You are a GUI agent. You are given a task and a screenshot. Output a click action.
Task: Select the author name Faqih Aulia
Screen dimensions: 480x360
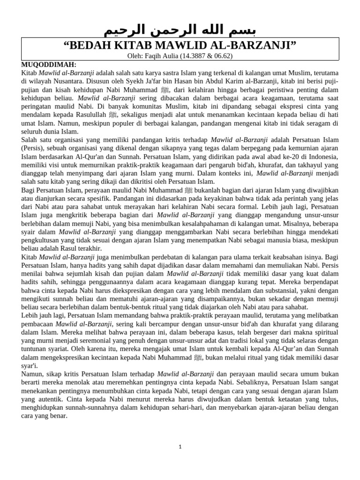coord(165,56)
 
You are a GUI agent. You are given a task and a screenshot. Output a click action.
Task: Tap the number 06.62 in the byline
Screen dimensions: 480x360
coord(231,56)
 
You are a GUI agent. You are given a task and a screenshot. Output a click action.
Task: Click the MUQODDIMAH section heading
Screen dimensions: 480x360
coord(49,65)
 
